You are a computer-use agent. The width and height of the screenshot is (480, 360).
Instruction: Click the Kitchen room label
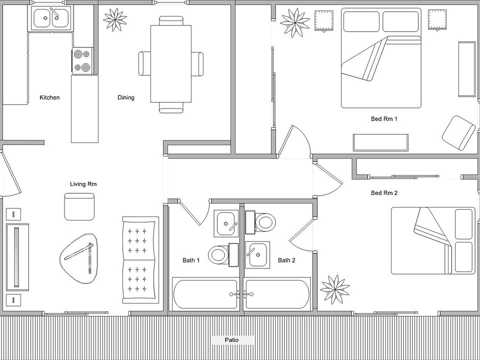point(49,97)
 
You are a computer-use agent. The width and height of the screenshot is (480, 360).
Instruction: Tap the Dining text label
point(126,97)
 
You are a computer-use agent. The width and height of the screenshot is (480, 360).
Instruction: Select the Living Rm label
point(83,184)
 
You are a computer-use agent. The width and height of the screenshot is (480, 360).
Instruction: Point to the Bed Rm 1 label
point(384,119)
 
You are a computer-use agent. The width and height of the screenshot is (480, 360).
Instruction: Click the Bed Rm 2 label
point(384,193)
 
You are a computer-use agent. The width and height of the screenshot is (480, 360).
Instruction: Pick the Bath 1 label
point(191,260)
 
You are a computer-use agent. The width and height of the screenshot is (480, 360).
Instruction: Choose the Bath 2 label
point(286,260)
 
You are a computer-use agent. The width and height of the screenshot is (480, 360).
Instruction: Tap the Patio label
point(231,340)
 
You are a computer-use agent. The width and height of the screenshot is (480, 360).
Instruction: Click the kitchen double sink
point(51,18)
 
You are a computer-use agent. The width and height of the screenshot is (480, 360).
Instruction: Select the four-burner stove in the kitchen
point(82,60)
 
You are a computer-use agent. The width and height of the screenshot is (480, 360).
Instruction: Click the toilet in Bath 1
point(223,254)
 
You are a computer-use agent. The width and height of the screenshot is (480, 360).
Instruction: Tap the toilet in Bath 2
point(260,222)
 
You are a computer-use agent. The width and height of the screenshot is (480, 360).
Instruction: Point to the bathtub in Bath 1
point(205,294)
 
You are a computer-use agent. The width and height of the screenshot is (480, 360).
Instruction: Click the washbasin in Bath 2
point(257,254)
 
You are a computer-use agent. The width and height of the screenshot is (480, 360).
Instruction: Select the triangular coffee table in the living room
point(78,258)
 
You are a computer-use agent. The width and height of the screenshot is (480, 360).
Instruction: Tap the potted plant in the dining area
point(115,19)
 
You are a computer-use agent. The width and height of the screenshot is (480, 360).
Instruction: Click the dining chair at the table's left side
point(144,63)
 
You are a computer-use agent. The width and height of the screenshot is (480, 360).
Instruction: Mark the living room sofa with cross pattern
point(140,260)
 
